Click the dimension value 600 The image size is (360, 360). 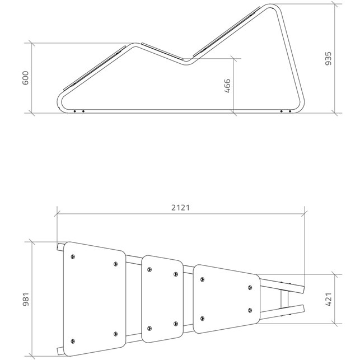coord(26,78)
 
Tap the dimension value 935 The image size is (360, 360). coord(329,59)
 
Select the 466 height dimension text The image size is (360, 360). coord(227,86)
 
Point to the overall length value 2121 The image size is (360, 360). coord(181,208)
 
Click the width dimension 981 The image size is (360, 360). coord(26,300)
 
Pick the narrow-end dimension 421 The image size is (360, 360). coord(329,300)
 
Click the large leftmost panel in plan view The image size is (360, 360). coord(95,299)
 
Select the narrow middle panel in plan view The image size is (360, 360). coord(162,299)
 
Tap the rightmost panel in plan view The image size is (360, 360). coord(227,299)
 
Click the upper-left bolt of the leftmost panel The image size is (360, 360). coord(73,256)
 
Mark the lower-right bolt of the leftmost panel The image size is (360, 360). coord(116,334)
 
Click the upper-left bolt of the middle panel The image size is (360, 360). coord(149,269)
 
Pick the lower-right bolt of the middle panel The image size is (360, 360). coord(176,324)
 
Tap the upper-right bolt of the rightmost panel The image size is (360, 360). coord(250,287)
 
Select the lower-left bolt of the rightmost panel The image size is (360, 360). coord(202,319)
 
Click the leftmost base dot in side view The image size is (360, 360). coord(74,111)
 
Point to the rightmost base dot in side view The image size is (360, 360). coord(290,111)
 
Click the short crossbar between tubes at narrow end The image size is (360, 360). coord(284,299)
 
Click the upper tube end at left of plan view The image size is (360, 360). coord(60,247)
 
